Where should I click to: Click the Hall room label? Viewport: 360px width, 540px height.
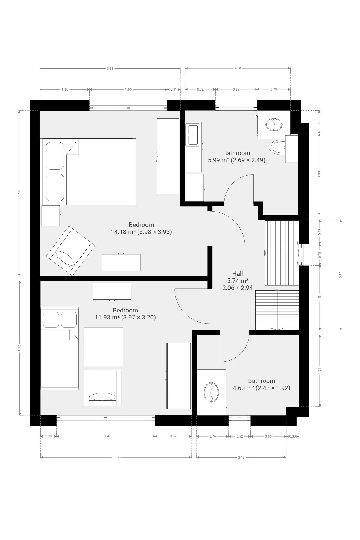pyautogui.click(x=238, y=274)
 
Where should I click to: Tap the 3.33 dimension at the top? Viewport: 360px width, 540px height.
pyautogui.click(x=110, y=68)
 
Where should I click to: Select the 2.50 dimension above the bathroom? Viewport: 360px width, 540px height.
pyautogui.click(x=238, y=68)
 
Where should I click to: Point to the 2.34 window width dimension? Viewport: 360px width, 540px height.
pyautogui.click(x=106, y=436)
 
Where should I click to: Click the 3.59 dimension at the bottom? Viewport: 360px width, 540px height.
pyautogui.click(x=116, y=457)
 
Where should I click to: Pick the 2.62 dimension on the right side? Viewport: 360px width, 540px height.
pyautogui.click(x=341, y=275)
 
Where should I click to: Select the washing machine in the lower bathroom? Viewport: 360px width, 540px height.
pyautogui.click(x=211, y=392)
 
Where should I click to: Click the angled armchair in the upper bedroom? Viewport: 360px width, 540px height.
pyautogui.click(x=71, y=251)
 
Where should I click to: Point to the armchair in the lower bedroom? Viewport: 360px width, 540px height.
pyautogui.click(x=103, y=388)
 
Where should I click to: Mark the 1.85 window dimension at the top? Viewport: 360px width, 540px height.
pyautogui.click(x=128, y=89)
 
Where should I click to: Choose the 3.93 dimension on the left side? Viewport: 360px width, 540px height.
pyautogui.click(x=19, y=193)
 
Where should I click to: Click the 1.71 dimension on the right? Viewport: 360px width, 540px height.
pyautogui.click(x=319, y=371)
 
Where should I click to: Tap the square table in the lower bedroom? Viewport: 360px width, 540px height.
pyautogui.click(x=103, y=347)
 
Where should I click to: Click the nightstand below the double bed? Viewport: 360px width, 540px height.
pyautogui.click(x=51, y=216)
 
